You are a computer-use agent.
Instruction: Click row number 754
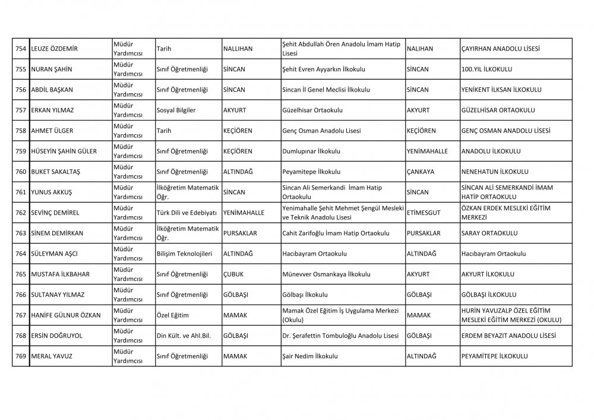(20, 49)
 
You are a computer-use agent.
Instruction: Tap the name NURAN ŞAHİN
(51, 70)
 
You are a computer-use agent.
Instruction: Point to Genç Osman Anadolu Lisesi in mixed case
(322, 131)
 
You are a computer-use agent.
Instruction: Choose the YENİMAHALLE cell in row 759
(427, 151)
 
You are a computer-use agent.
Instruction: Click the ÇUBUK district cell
(233, 275)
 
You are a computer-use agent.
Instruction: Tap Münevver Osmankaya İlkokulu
(326, 275)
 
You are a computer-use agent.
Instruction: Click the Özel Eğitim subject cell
(172, 316)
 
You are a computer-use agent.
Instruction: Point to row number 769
(20, 357)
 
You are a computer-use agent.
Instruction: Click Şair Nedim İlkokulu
(310, 357)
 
